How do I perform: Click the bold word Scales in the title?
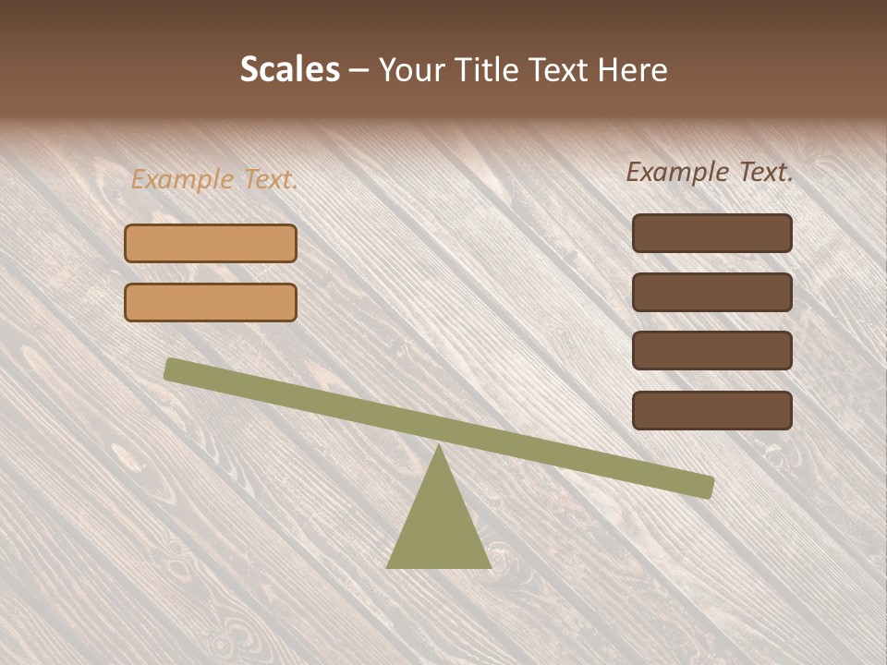289,70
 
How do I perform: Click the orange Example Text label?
214,179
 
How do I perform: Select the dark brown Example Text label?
710,172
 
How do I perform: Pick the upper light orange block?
211,243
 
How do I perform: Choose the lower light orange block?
211,302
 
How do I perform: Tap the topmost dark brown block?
712,233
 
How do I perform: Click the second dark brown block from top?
712,292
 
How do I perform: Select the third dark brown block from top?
712,351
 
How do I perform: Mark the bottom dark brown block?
712,410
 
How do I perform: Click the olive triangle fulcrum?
439,522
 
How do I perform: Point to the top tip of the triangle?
439,447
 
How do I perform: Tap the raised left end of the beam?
173,369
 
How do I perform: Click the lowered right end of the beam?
706,487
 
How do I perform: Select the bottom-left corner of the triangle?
389,566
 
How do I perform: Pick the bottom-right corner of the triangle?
489,566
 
